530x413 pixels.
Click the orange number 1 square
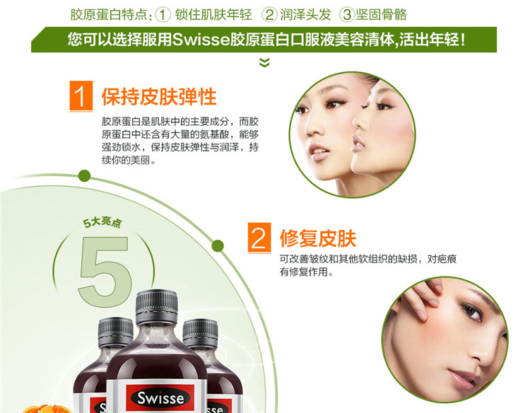coord(81,95)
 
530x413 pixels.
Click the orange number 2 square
coord(259,238)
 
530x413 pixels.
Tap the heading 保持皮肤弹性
coord(159,97)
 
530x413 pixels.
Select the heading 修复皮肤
coord(318,238)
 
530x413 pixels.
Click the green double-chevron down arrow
coord(264,62)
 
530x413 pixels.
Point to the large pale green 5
coord(105,271)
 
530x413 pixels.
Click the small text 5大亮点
coord(102,223)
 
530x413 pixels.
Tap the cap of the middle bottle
coord(156,306)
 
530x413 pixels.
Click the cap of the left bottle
coord(116,332)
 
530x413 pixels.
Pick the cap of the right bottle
coord(200,334)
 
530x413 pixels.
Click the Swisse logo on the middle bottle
coord(160,398)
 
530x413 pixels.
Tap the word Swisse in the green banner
coord(201,40)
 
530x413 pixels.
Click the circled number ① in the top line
coord(163,15)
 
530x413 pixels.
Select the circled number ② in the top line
coord(269,15)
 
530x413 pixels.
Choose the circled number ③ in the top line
coord(347,15)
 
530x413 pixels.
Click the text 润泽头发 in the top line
coord(305,15)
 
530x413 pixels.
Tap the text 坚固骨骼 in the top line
coord(382,15)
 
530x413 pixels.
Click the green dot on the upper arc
coord(84,175)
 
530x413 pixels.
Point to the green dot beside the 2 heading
coord(218,245)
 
